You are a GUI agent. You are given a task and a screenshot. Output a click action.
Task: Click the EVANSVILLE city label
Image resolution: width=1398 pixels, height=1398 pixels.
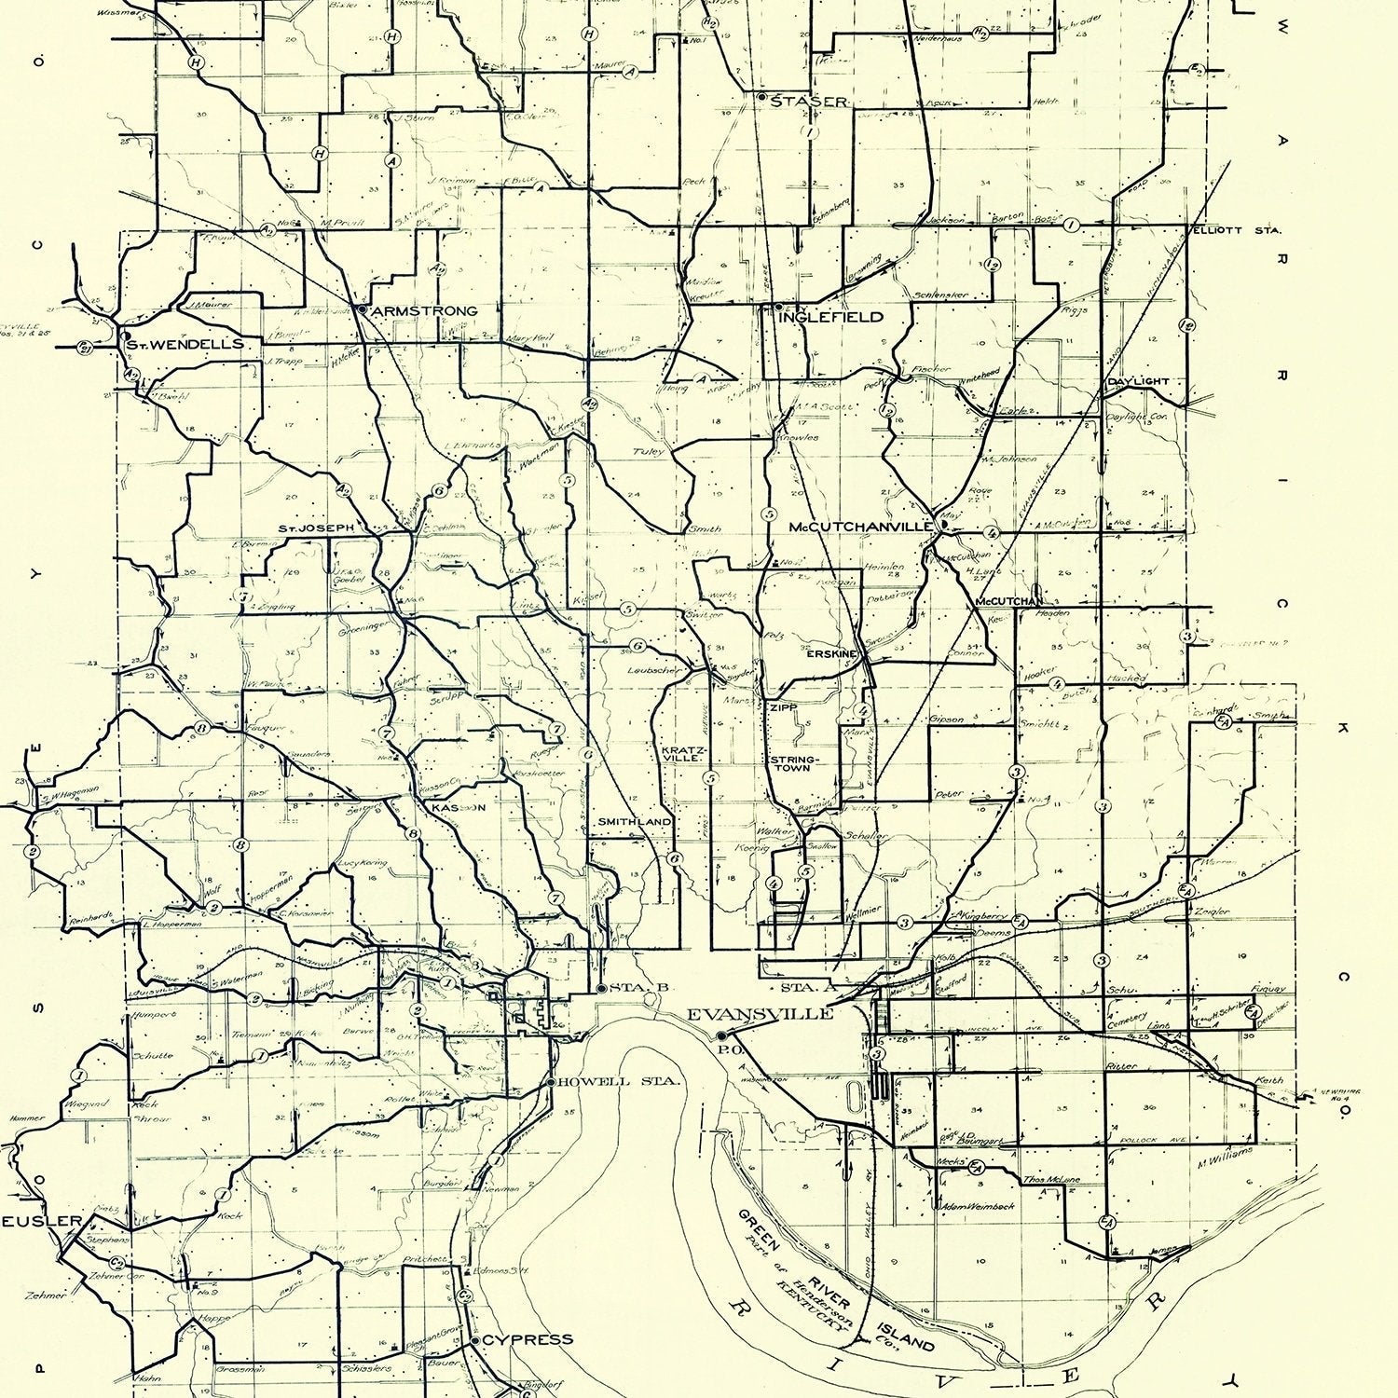(x=760, y=1014)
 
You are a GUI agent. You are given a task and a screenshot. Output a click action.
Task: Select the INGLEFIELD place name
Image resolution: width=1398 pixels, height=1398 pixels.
(x=830, y=317)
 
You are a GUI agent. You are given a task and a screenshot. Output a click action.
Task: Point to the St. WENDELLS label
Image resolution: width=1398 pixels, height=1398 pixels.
(x=185, y=344)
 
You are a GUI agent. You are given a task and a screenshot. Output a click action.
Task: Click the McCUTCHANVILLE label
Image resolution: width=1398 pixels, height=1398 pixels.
(x=860, y=527)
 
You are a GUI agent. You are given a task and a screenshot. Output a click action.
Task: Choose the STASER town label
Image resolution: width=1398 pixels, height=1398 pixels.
(x=808, y=102)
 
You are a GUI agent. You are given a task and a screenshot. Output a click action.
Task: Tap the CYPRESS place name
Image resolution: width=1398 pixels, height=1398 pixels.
(x=528, y=1339)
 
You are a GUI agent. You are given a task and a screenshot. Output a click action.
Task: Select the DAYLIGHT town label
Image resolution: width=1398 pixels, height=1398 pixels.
(x=1137, y=382)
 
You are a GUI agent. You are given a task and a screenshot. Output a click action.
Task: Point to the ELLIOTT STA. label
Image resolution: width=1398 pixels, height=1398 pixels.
(x=1235, y=229)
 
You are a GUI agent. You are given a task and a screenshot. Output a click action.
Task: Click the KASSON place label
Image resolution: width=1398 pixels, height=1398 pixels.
(x=458, y=808)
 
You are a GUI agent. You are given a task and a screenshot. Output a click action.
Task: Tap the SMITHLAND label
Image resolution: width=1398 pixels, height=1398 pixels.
(x=635, y=821)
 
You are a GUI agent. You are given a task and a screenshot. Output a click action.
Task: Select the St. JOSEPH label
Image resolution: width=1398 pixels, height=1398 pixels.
(x=317, y=528)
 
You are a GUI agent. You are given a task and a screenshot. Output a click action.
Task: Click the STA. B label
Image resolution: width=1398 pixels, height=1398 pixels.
(x=628, y=988)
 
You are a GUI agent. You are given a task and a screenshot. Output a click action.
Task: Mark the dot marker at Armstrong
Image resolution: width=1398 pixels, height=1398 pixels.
(x=362, y=308)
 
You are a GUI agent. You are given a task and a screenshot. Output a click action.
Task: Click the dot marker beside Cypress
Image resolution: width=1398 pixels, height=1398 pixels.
(x=475, y=1340)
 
